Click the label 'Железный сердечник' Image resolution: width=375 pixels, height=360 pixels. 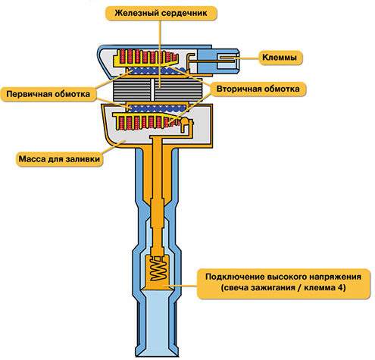click(x=161, y=13)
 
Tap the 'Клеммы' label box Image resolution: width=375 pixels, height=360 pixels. click(x=280, y=58)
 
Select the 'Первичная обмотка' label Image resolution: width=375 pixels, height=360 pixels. click(x=48, y=94)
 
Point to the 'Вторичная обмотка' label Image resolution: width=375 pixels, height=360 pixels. click(x=258, y=89)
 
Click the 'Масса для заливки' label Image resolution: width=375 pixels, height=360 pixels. click(x=59, y=159)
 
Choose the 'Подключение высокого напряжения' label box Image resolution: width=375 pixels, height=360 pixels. click(x=283, y=283)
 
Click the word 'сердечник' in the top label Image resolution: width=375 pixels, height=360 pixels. click(x=184, y=13)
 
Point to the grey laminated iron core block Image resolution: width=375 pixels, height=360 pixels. click(x=158, y=89)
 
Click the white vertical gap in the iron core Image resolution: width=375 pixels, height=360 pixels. click(x=153, y=89)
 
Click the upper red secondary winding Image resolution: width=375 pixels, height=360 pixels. click(x=147, y=56)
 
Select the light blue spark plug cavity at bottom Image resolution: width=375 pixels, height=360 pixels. click(x=158, y=322)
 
